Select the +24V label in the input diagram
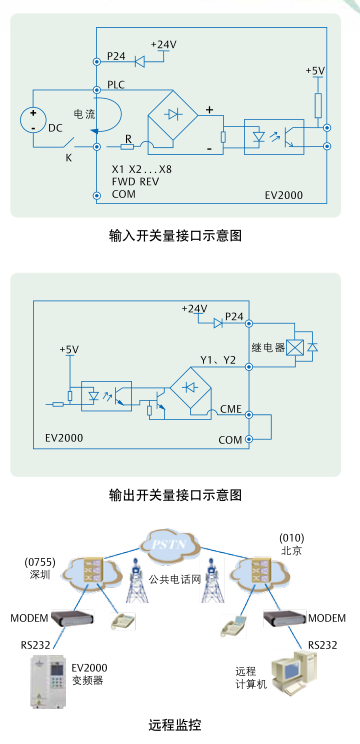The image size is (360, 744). pos(163,45)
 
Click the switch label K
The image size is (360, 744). pos(69,156)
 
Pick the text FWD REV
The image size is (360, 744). pos(135,181)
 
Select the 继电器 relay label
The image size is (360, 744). pos(267,348)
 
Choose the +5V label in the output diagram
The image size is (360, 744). pos(68,350)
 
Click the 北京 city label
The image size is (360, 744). pos(291,551)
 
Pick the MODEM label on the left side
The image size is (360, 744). pos(30,618)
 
